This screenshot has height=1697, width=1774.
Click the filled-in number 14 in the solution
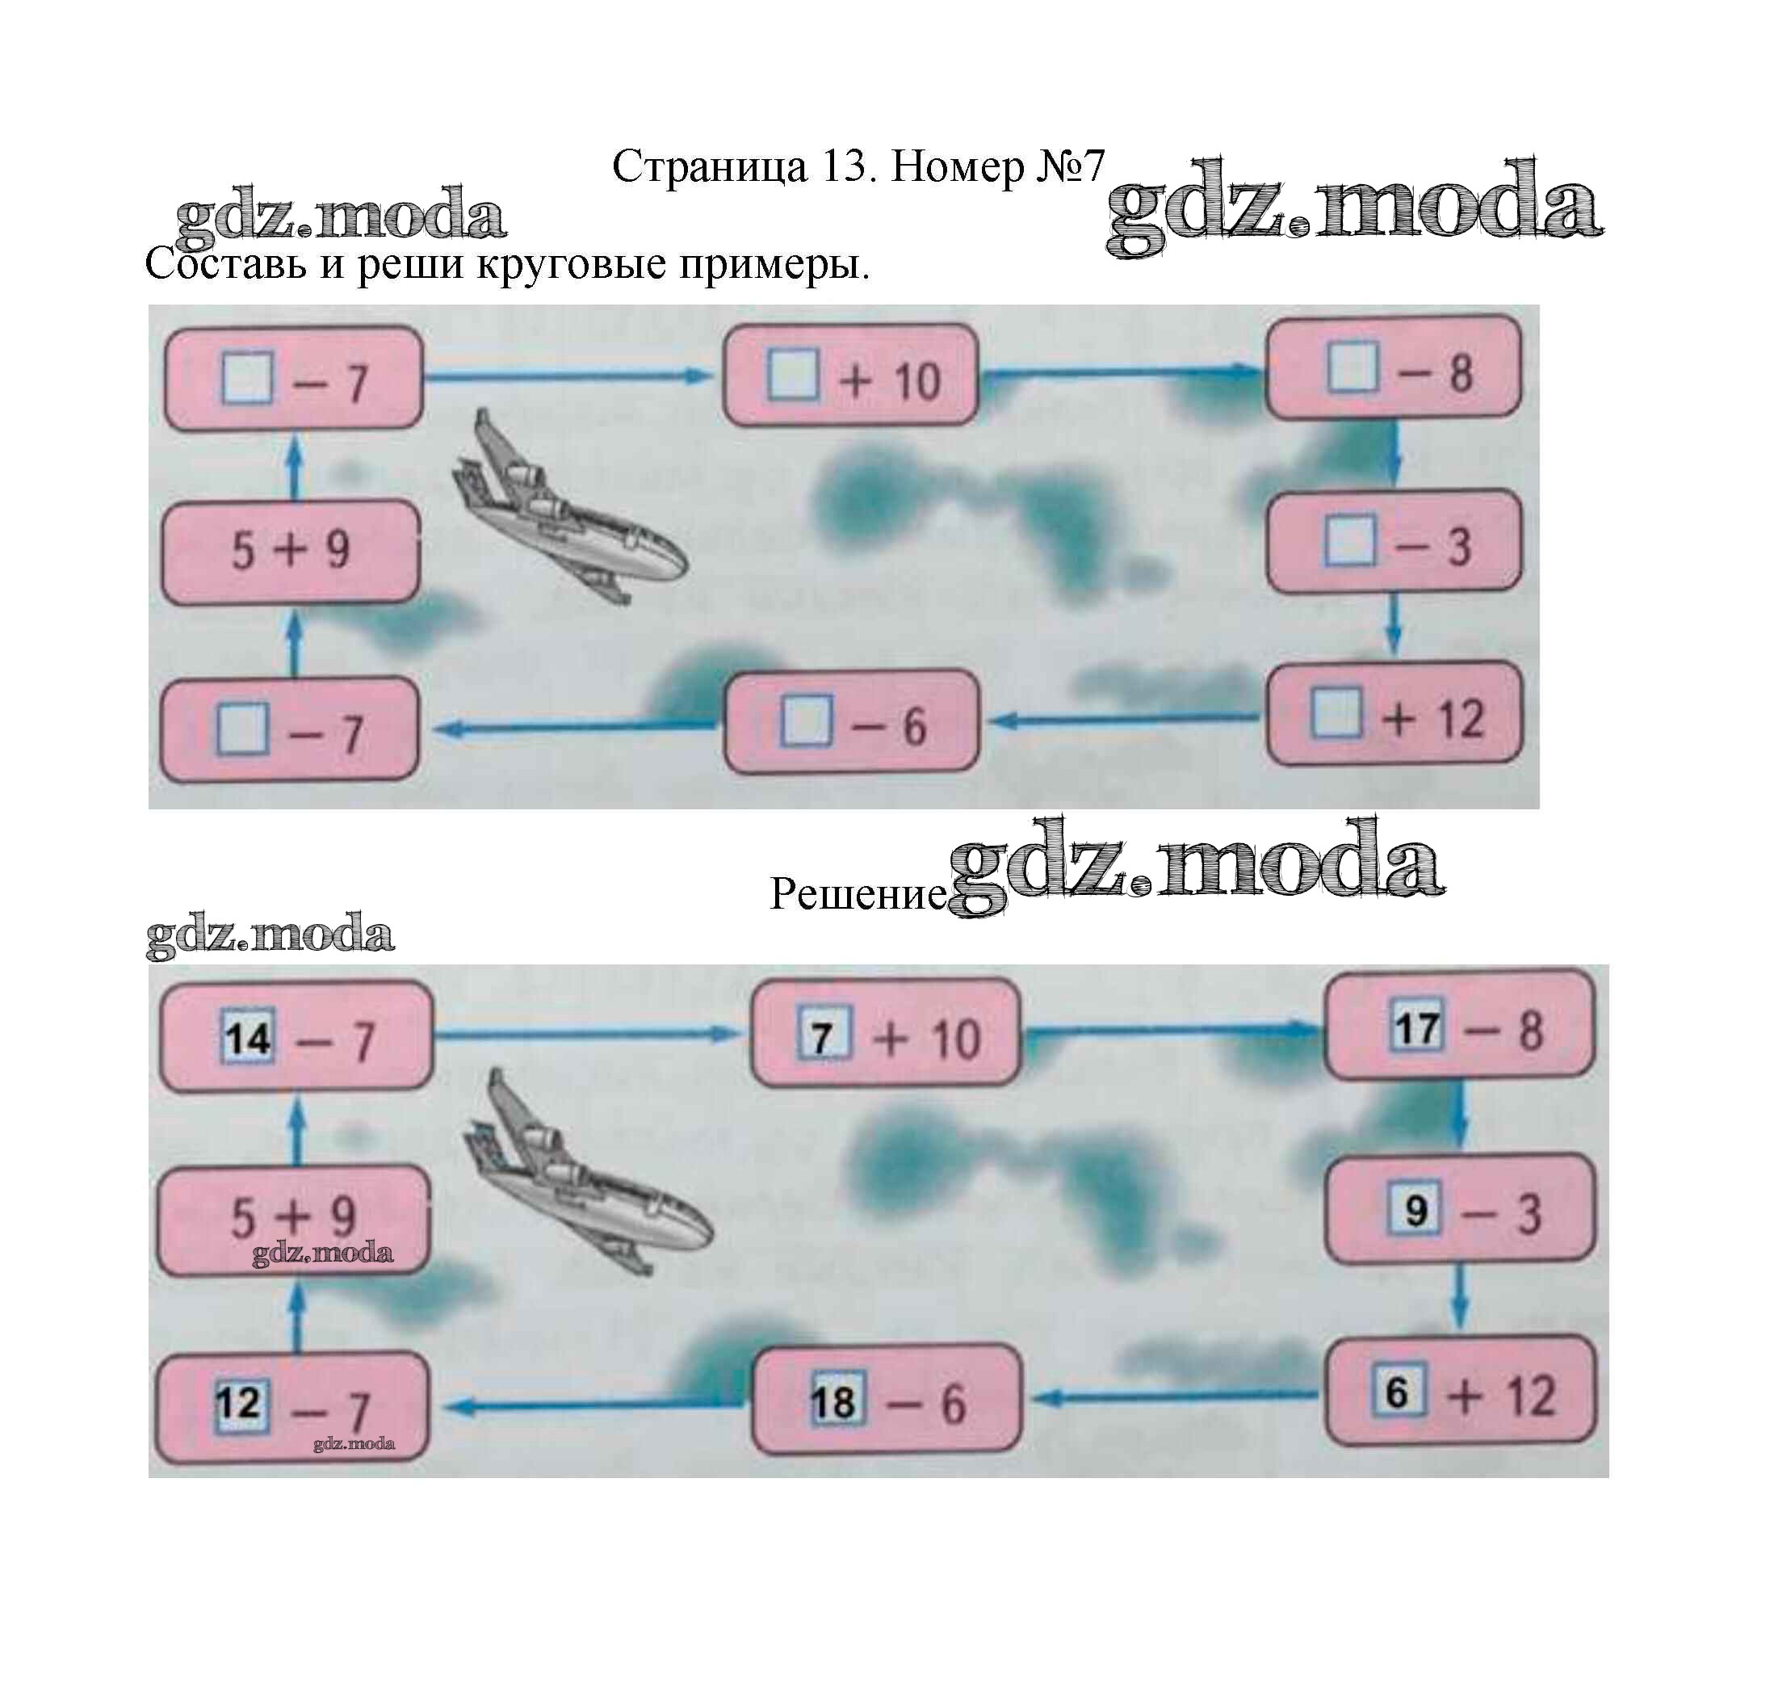click(248, 1039)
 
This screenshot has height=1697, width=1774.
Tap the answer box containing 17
click(1417, 1027)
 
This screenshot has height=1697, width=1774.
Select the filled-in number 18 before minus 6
click(832, 1403)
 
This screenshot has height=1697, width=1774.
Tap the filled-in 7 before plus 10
click(822, 1036)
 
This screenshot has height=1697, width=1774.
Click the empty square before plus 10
click(792, 375)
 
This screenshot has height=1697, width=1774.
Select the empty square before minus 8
click(1353, 368)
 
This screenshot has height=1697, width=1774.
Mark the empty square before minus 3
click(1350, 541)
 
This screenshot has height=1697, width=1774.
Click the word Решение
click(856, 893)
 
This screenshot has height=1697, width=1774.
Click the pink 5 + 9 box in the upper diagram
click(290, 551)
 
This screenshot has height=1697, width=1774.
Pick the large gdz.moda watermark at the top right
click(1353, 208)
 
